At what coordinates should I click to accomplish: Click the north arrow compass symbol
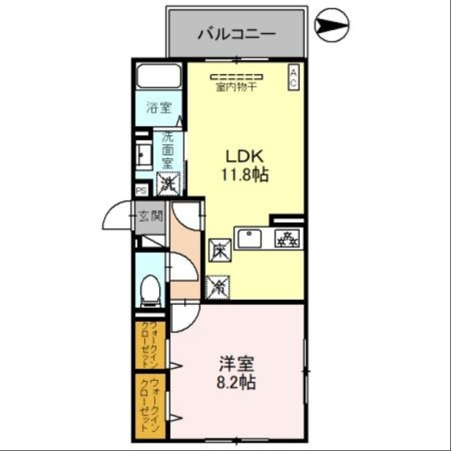(x=332, y=25)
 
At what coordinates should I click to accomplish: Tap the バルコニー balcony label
(x=237, y=34)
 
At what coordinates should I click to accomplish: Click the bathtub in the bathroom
(x=158, y=77)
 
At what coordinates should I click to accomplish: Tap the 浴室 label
(x=158, y=108)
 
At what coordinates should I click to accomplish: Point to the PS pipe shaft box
(x=140, y=191)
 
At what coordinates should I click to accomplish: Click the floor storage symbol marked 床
(x=219, y=250)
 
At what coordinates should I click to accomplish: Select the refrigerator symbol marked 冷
(x=218, y=286)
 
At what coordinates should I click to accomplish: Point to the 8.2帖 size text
(x=236, y=383)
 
